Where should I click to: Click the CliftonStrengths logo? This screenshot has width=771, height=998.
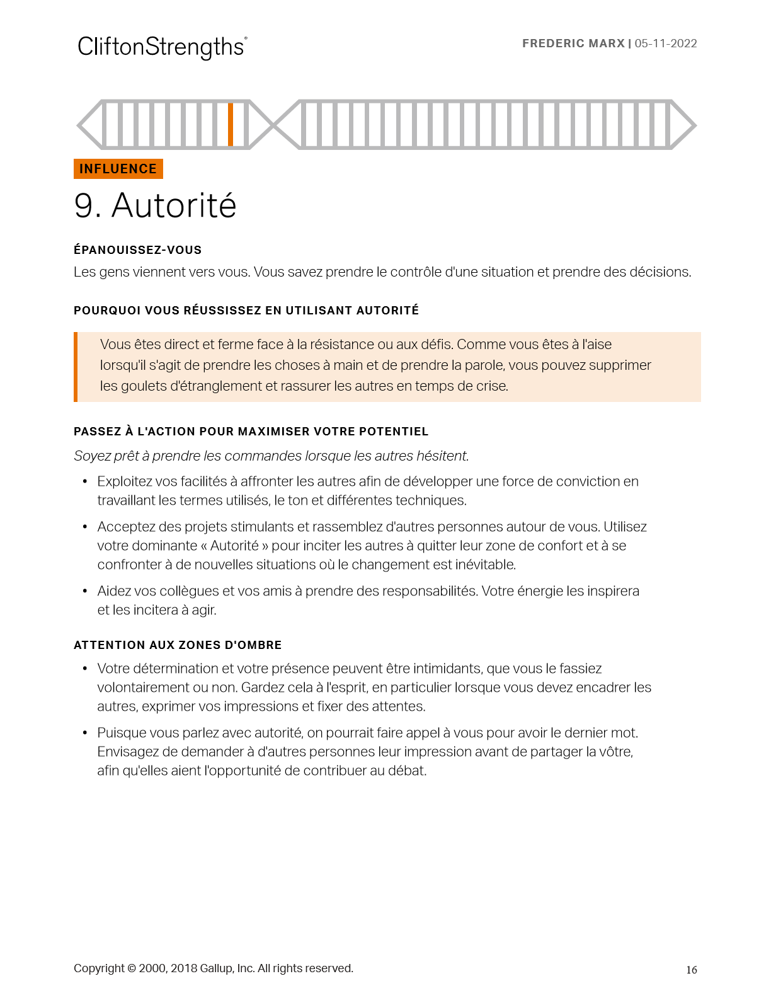[x=161, y=47]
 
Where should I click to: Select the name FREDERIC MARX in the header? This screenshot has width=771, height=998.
[x=573, y=43]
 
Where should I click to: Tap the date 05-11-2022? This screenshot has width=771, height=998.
[x=666, y=43]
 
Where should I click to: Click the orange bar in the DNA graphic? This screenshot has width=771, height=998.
[x=231, y=124]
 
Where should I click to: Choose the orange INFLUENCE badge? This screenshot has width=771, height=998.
[x=118, y=169]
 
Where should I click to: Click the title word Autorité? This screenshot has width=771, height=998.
[x=174, y=206]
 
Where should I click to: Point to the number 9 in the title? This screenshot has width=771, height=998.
[x=84, y=206]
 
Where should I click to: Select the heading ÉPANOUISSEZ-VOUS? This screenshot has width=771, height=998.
[x=137, y=250]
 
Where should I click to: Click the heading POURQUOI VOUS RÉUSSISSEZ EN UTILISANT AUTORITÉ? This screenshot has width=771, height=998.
[x=246, y=311]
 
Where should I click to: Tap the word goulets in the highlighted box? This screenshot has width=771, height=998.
[x=143, y=386]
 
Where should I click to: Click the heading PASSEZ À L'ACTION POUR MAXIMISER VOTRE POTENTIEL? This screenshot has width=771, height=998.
[x=251, y=432]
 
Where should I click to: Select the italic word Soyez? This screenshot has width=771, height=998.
[x=91, y=456]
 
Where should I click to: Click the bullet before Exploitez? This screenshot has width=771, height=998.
[x=84, y=482]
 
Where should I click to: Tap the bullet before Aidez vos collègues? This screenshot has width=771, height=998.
[x=84, y=592]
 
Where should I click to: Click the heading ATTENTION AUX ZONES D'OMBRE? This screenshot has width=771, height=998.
[x=178, y=645]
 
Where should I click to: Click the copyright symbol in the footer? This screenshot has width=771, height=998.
[x=132, y=968]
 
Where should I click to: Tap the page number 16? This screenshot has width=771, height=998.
[x=691, y=970]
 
